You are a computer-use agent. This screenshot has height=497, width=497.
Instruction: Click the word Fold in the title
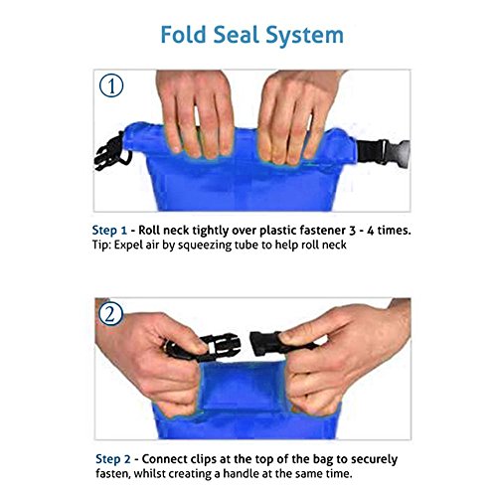[x=183, y=35]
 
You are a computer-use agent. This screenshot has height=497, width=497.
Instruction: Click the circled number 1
[x=111, y=85]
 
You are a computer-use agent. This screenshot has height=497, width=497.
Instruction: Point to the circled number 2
[x=110, y=314]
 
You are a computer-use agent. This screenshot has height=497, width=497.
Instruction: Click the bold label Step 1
[x=109, y=231]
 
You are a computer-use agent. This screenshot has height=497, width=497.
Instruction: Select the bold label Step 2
[x=113, y=459]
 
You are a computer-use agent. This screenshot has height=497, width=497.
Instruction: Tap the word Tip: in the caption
[x=101, y=246]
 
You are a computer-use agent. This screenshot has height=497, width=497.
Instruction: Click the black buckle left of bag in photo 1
[x=112, y=152]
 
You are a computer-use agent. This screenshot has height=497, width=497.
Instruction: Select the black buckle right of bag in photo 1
[x=384, y=152]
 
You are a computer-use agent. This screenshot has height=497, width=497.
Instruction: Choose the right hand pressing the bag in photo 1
[x=296, y=116]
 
